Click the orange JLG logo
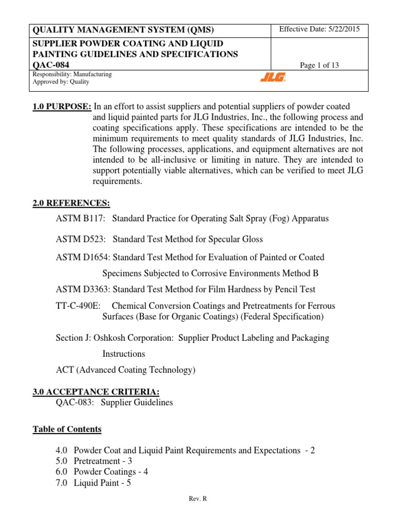pos(272,78)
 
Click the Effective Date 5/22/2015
pos(316,29)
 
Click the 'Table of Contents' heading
pos(67,429)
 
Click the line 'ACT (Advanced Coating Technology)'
pos(125,370)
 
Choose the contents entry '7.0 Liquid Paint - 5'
pos(94,483)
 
